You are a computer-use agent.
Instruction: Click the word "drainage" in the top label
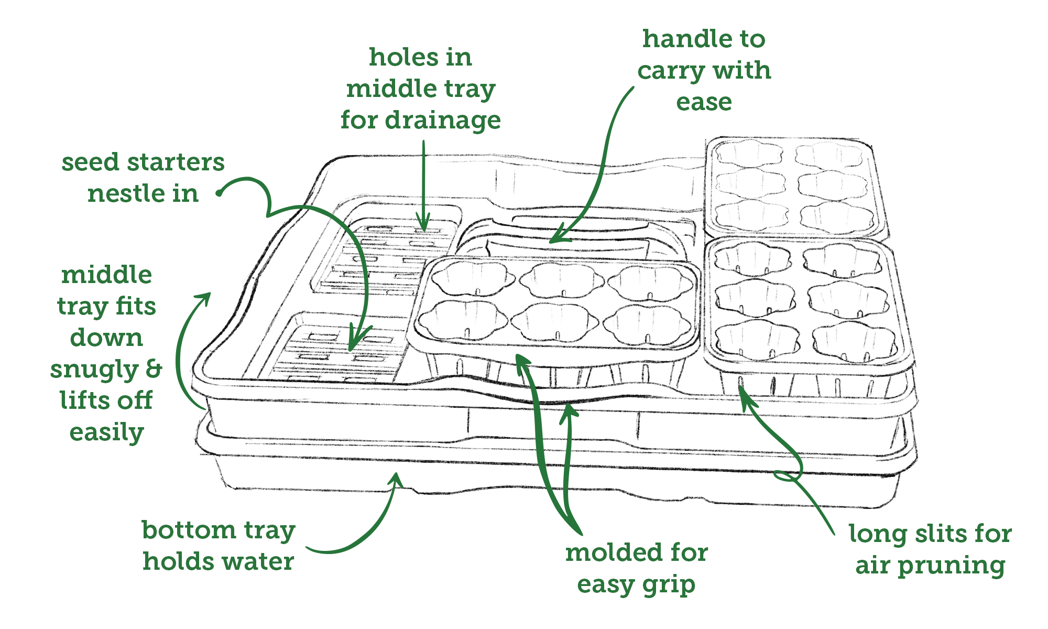click(x=443, y=121)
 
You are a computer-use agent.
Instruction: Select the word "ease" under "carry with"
click(x=704, y=102)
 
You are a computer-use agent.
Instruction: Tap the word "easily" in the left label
click(x=106, y=433)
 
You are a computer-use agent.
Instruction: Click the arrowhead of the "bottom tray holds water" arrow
click(x=397, y=476)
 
